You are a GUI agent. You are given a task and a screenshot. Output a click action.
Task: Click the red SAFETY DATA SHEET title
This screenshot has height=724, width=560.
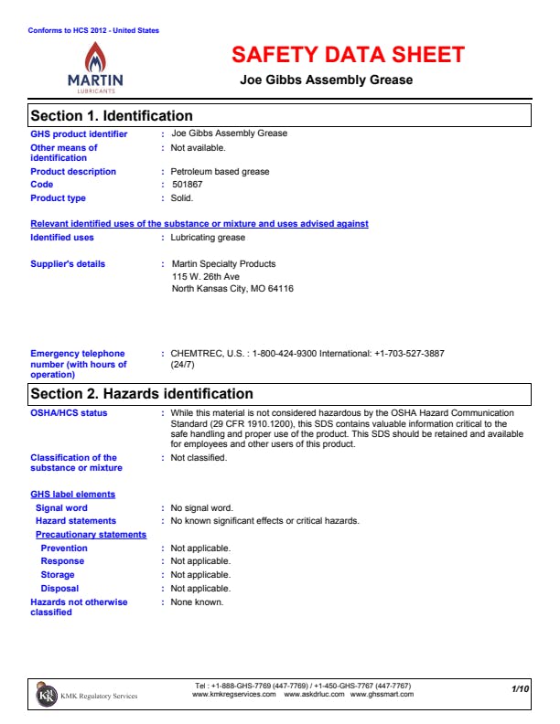click(348, 55)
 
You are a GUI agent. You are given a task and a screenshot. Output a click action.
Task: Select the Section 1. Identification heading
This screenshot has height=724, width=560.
click(112, 116)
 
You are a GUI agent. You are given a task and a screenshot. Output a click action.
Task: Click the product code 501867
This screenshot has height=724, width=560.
click(188, 185)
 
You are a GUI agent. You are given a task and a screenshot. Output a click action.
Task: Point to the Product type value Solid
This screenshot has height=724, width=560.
click(182, 198)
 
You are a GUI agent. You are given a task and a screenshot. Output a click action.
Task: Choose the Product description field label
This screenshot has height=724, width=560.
click(73, 172)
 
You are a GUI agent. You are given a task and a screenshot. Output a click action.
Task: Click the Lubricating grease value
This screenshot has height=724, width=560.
click(208, 238)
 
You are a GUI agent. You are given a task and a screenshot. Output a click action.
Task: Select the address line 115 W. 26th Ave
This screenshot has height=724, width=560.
click(206, 276)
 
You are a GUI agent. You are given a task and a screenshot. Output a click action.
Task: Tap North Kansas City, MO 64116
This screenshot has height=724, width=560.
click(232, 289)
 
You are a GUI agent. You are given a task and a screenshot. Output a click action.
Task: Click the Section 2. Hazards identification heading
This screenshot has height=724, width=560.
click(142, 394)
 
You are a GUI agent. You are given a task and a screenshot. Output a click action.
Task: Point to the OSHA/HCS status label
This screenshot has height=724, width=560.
click(69, 413)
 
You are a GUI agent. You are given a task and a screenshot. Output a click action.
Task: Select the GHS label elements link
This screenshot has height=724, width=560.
click(73, 495)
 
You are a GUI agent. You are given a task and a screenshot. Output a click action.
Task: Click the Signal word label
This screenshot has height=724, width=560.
click(61, 508)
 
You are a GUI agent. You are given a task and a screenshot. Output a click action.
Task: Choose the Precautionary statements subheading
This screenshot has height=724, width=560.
click(91, 535)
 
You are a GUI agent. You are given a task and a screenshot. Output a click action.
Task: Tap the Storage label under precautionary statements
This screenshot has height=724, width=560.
click(58, 575)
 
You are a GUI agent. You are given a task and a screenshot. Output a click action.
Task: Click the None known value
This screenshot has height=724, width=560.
click(197, 602)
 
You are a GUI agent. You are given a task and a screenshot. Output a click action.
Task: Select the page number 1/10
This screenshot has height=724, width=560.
click(520, 687)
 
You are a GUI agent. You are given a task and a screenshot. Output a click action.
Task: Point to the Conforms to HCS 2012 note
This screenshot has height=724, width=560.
click(93, 30)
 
